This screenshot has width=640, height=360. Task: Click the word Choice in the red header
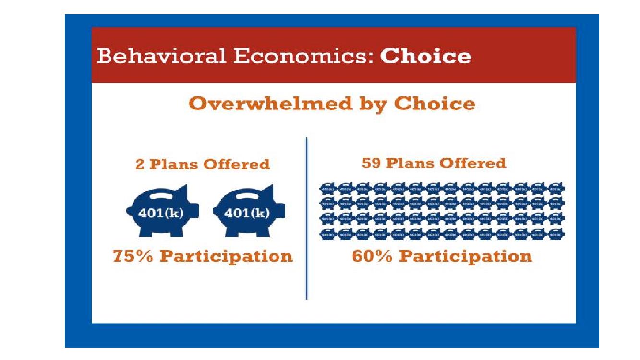425,56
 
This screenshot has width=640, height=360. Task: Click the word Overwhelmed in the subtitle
263,104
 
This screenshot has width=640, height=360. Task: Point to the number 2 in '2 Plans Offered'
140,164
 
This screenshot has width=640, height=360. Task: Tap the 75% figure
132,256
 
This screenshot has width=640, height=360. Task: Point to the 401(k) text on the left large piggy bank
161,213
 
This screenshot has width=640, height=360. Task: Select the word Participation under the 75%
226,256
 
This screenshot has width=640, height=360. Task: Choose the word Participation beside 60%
466,256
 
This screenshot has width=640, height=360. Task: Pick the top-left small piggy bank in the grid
328,189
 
